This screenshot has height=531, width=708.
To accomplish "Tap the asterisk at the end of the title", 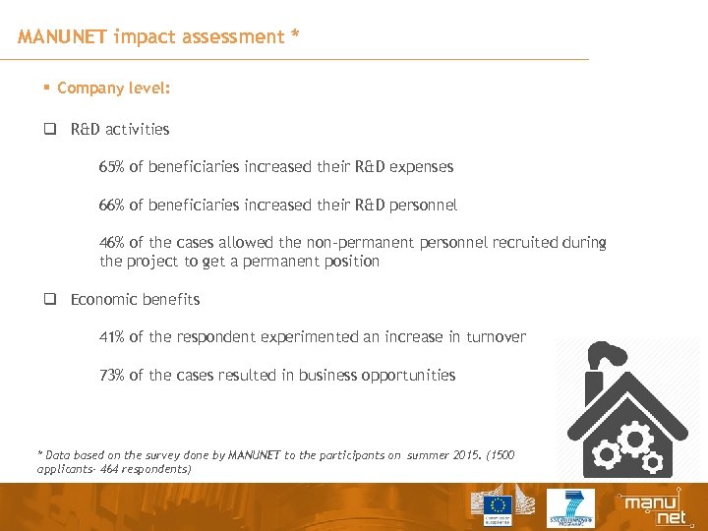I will (294, 36).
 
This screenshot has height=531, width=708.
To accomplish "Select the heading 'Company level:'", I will (113, 88).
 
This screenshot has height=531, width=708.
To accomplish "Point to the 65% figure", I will (112, 167).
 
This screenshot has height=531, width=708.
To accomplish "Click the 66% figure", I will (112, 206).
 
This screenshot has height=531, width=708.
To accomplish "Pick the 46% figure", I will (112, 243).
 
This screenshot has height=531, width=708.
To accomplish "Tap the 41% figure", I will (112, 337).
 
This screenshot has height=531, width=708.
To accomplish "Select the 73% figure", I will (112, 375).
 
